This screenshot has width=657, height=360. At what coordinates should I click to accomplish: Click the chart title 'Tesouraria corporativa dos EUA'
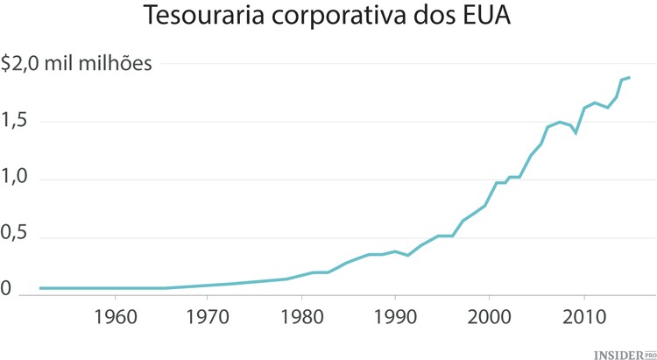click(x=328, y=18)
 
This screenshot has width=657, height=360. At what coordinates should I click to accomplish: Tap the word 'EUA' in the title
click(x=486, y=18)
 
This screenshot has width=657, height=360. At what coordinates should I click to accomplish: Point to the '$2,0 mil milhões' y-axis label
click(x=77, y=64)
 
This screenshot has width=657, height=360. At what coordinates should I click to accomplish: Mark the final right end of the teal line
click(x=630, y=78)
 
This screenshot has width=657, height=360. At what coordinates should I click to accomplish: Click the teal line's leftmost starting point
click(x=40, y=288)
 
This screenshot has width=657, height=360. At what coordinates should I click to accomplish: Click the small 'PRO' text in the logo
click(x=650, y=350)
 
